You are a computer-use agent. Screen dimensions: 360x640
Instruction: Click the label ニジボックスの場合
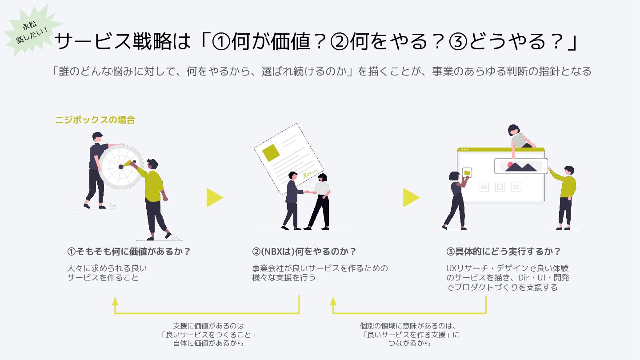coord(95,120)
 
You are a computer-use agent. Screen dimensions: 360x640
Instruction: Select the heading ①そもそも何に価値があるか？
coord(129,252)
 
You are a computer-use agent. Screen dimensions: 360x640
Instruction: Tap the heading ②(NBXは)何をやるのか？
coord(304,252)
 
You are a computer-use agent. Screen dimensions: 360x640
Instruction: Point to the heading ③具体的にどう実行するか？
coord(504,252)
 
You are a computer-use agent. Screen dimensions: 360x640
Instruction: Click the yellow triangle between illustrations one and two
coord(214,197)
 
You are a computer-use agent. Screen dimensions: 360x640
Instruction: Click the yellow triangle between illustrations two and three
coord(411,197)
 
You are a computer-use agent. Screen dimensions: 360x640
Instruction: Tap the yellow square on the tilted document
coord(271,152)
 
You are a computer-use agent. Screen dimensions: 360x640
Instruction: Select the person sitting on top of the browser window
coord(518,138)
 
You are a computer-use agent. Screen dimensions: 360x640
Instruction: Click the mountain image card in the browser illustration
coord(521,166)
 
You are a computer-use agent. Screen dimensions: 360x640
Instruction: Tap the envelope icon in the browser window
coord(516,187)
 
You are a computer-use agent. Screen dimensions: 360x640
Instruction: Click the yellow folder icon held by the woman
coord(467,172)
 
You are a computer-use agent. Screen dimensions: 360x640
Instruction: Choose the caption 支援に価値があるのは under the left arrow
coord(208,326)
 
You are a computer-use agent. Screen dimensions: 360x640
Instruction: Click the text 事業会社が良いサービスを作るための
coord(320,268)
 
